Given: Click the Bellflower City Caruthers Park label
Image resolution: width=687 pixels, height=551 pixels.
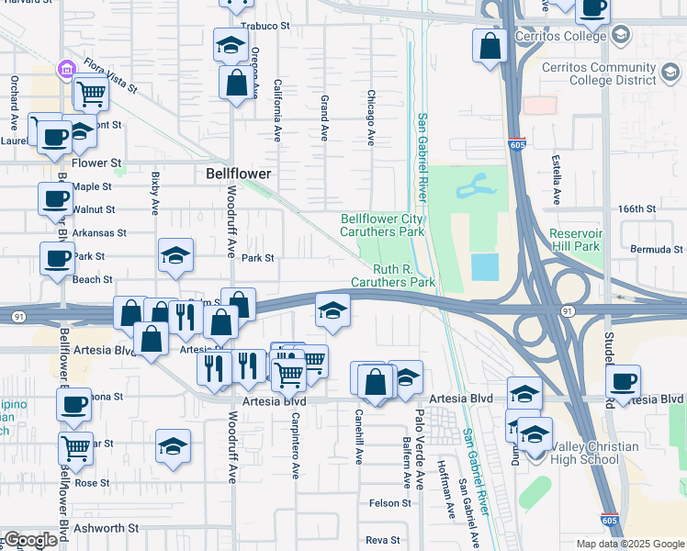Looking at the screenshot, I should coord(383,225).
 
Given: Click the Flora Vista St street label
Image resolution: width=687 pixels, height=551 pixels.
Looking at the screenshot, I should coord(109,76).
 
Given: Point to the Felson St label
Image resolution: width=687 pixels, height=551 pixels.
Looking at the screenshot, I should coord(389,502).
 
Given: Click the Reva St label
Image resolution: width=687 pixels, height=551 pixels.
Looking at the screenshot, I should coord(384,540).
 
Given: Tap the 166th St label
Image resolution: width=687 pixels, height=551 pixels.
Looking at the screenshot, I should coord(636,209).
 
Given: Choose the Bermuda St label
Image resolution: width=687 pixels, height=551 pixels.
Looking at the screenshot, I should coord(656,250).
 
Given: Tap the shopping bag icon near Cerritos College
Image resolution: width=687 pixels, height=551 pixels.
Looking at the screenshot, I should coord(490,46).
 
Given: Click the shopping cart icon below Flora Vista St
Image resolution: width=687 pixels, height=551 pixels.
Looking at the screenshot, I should coord(91,94).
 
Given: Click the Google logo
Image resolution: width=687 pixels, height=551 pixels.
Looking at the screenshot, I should coord(30,540).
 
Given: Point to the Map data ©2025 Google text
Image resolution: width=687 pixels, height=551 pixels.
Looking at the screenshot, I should coord(629,544).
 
